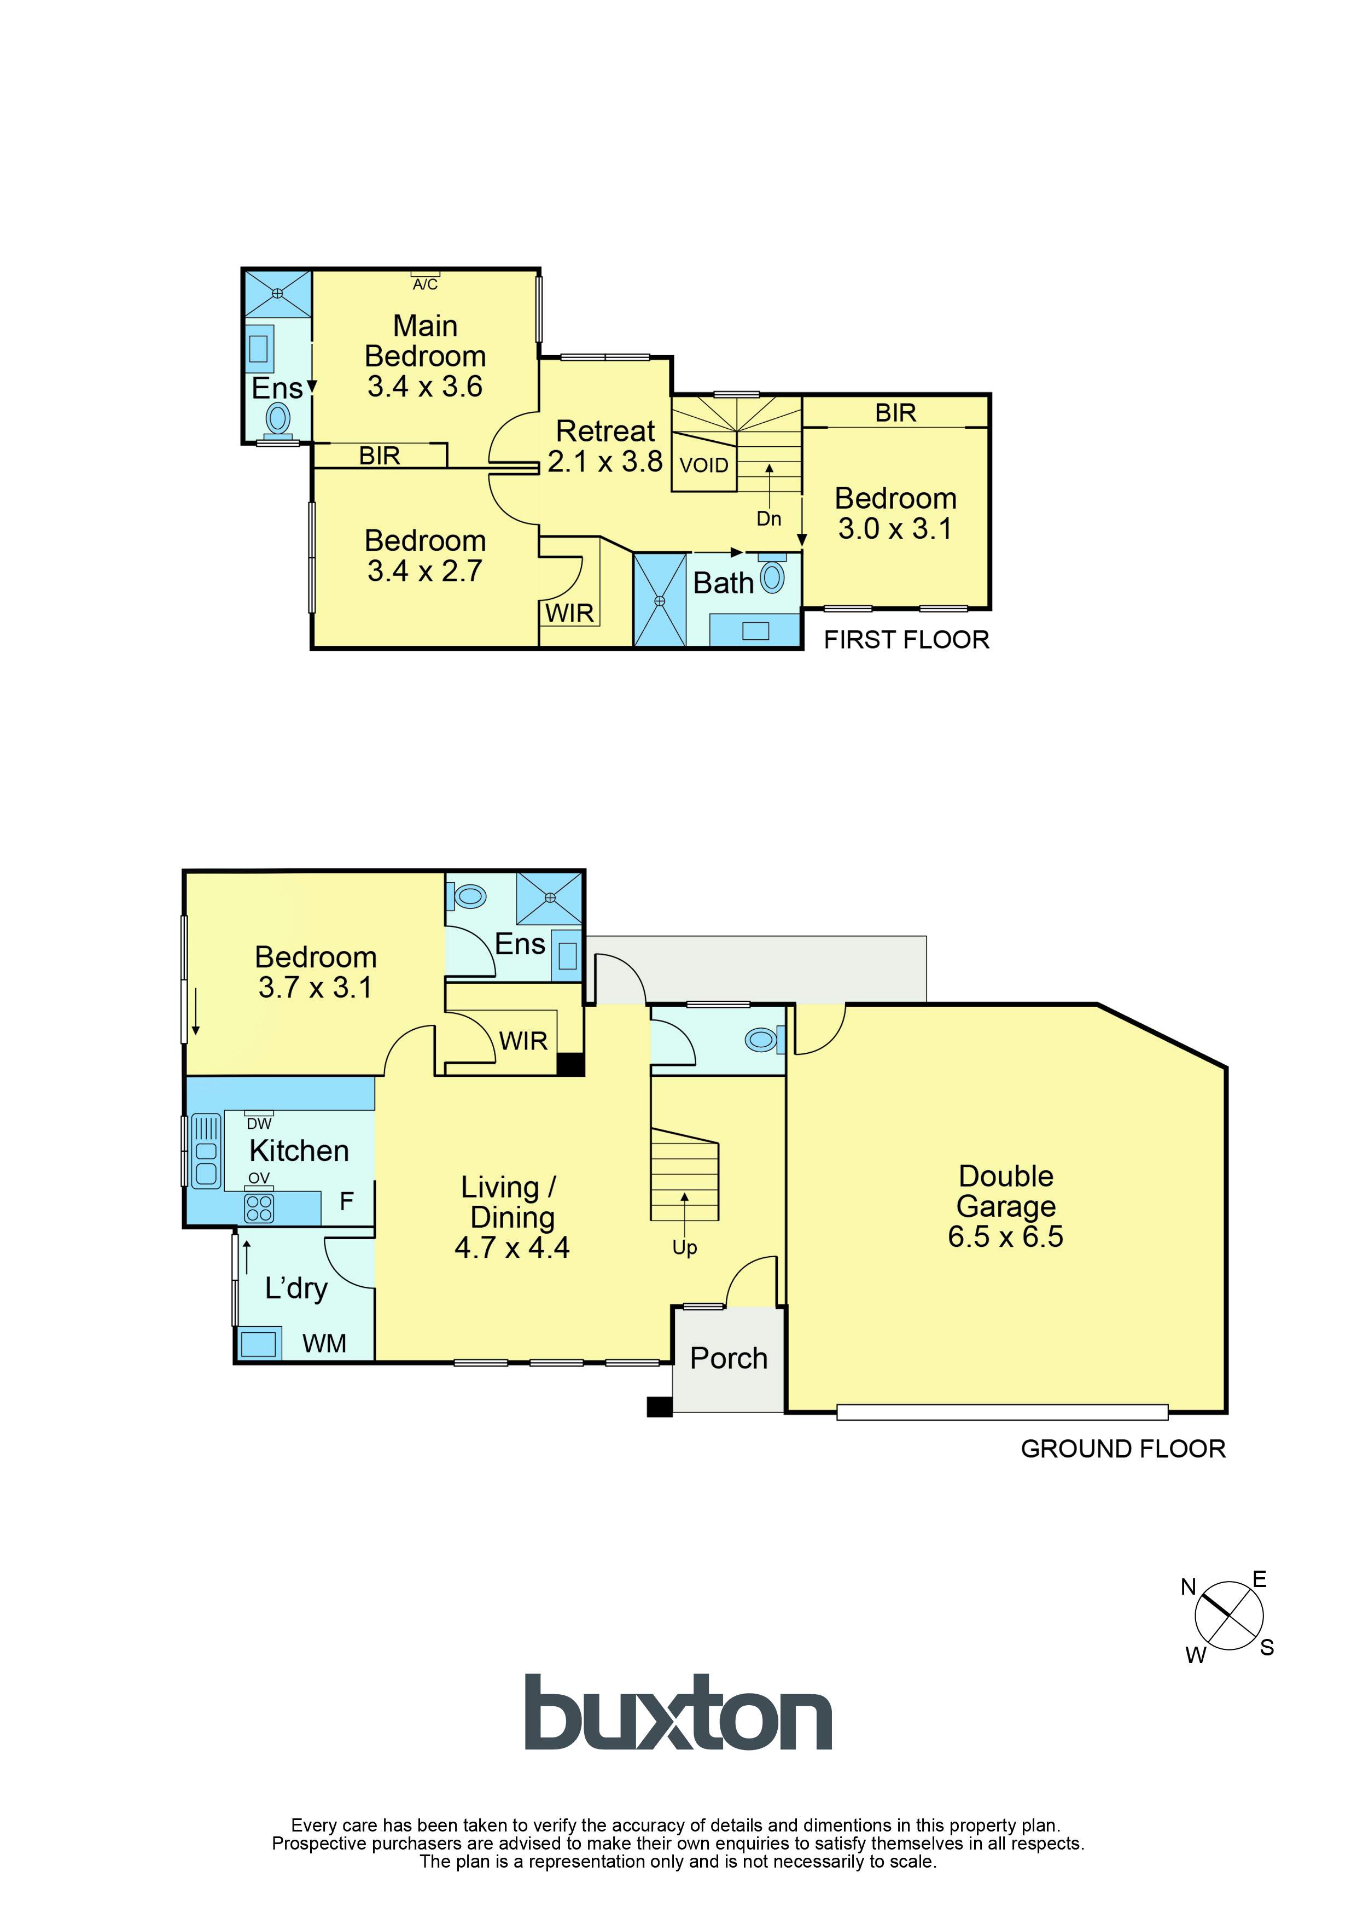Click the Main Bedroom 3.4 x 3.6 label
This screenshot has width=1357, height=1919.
click(425, 356)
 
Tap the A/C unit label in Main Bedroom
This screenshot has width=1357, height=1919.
click(425, 284)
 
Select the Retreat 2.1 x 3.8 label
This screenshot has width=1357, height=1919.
click(605, 446)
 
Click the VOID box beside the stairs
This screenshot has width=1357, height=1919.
click(704, 465)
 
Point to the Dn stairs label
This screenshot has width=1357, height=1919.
click(768, 519)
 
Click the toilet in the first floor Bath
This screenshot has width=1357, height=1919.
click(772, 578)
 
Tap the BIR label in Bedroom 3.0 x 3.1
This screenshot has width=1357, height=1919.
click(895, 413)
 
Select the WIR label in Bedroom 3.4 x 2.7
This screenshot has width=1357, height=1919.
click(569, 613)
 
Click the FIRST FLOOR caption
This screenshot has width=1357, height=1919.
click(906, 639)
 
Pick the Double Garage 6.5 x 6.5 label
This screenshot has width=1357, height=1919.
click(1006, 1206)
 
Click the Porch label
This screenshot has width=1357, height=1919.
click(728, 1358)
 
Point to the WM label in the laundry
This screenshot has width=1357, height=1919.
click(324, 1343)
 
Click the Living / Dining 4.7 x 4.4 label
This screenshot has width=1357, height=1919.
click(512, 1217)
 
